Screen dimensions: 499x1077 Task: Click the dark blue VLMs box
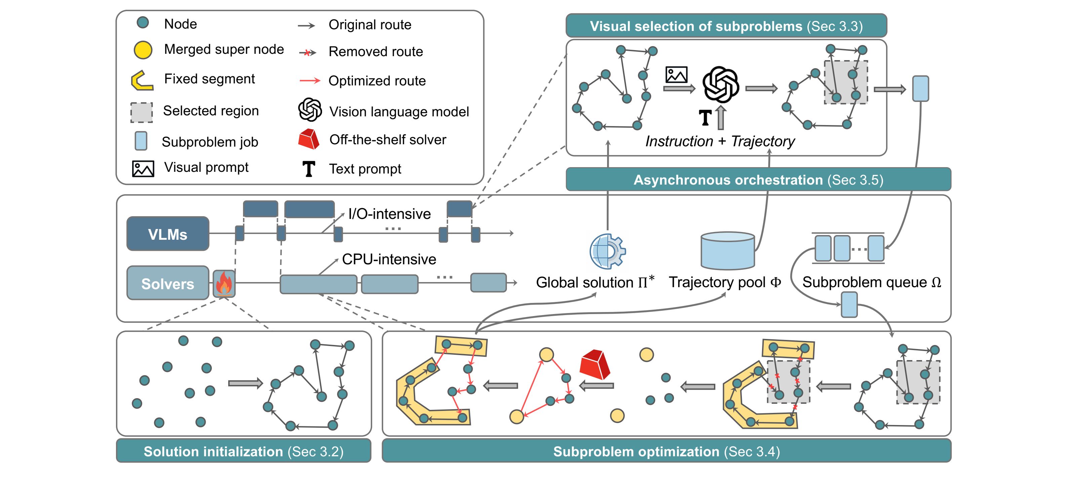point(168,234)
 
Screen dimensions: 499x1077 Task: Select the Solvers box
point(168,283)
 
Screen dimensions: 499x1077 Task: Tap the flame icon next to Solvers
point(224,283)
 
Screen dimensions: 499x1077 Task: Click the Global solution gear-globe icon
point(607,251)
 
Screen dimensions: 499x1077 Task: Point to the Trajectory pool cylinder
point(727,251)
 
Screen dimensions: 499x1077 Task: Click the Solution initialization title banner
point(243,451)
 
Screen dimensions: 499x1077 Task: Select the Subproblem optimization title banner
point(667,451)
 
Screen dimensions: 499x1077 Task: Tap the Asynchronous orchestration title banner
point(758,180)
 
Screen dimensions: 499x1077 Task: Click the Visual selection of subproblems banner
point(726,26)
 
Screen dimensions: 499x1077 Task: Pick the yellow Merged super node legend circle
point(143,50)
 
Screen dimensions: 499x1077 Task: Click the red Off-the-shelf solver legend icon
point(309,139)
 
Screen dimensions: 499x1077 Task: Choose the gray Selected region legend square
point(141,112)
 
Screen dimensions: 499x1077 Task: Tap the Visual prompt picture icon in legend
point(143,168)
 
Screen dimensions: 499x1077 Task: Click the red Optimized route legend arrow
point(310,81)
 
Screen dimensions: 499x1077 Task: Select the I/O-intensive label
point(389,214)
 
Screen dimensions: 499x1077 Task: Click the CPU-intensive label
point(389,259)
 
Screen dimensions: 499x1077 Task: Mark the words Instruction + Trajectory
point(720,141)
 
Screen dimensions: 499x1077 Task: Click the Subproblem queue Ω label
point(871,282)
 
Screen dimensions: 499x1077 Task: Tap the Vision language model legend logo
point(310,110)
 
